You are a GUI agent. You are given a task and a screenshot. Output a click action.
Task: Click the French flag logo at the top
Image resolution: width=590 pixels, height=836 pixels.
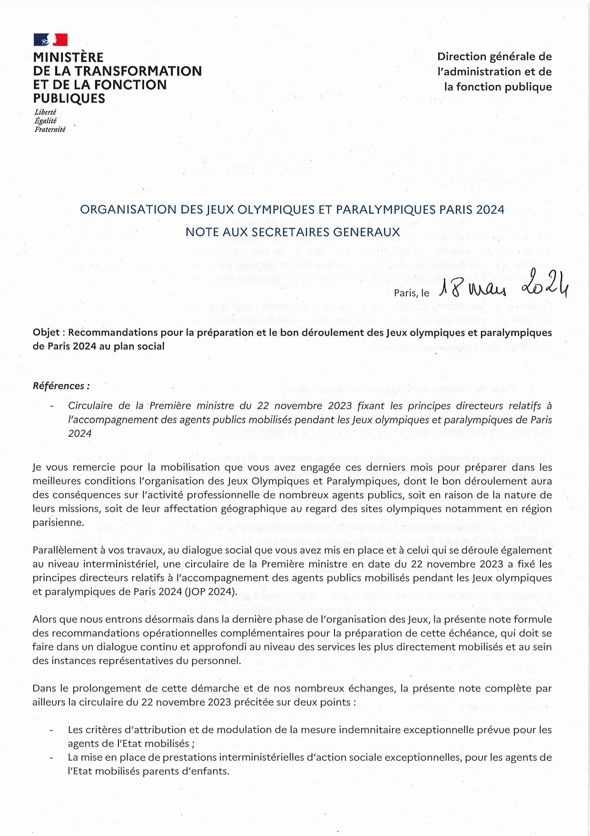coord(50,40)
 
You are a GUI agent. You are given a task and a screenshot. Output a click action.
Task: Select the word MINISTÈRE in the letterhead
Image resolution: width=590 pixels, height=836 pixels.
coord(68,58)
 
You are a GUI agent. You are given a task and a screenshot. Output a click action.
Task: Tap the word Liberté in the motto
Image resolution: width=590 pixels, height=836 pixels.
coord(45,112)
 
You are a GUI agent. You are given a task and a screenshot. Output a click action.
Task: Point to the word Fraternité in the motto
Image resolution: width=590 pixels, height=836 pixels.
coord(50,130)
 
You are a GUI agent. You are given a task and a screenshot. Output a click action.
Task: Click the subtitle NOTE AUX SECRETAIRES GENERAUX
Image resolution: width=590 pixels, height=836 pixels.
coord(292,232)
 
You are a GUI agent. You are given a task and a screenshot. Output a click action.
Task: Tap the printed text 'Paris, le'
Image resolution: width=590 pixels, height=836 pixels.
coord(412,293)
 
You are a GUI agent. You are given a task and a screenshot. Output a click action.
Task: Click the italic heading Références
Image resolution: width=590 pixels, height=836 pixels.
coord(60,386)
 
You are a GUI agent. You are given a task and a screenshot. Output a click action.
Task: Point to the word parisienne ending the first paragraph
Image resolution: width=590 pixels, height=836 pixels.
coord(58,523)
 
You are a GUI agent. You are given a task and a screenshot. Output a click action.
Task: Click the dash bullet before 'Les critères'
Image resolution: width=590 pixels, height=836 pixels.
coord(51,730)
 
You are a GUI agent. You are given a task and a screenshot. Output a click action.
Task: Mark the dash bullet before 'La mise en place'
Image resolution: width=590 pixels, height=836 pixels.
coord(51,758)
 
